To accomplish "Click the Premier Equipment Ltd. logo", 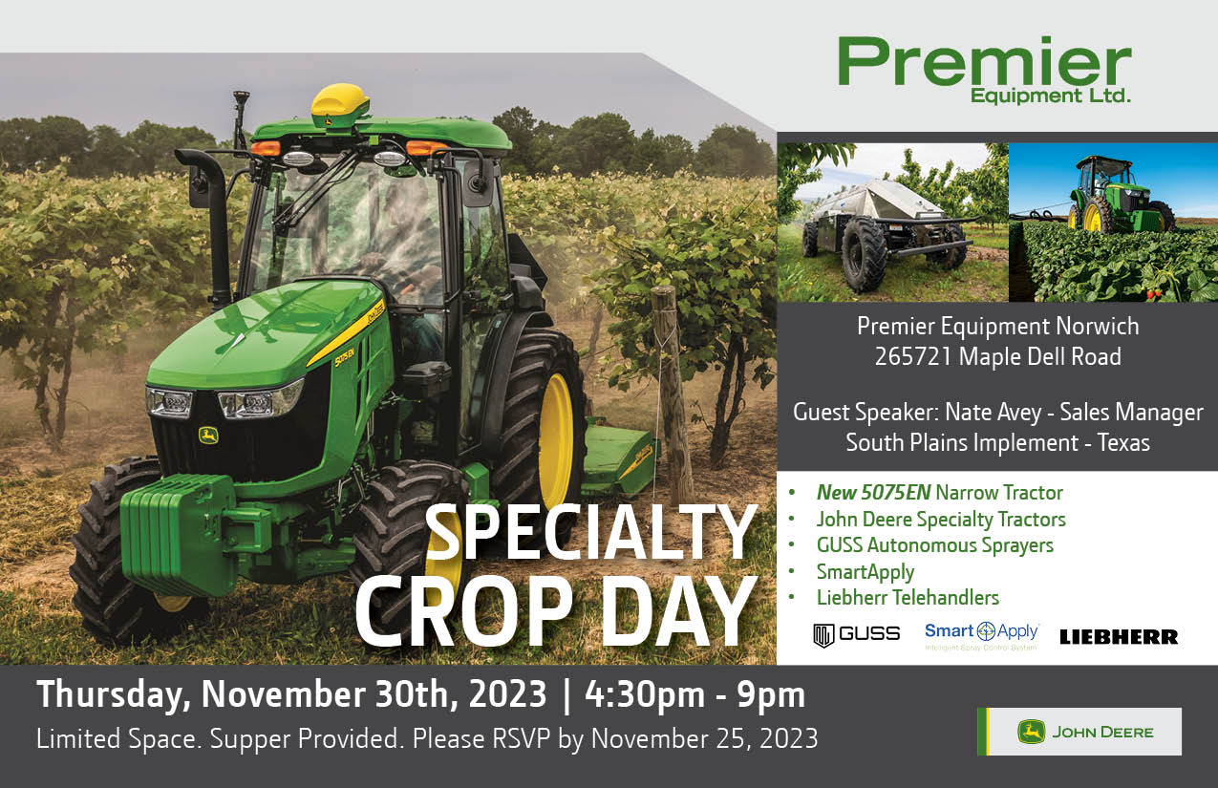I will click(x=984, y=70).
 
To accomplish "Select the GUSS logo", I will click(x=856, y=634).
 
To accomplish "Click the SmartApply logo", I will click(x=981, y=634).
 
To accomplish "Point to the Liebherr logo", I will click(x=1118, y=636).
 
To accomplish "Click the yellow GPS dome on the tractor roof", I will click(x=340, y=104).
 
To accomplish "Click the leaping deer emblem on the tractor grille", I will click(x=208, y=436).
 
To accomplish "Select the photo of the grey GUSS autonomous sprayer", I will click(x=892, y=223).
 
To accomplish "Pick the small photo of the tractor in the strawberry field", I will click(x=1113, y=223).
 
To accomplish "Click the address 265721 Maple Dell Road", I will click(x=997, y=357).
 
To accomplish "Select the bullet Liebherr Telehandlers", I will click(x=907, y=598).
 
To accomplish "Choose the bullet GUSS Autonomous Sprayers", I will click(x=934, y=545).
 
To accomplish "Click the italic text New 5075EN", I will click(x=873, y=493).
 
